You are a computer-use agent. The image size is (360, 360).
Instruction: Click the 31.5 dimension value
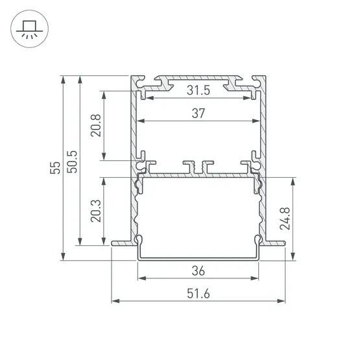[198, 90]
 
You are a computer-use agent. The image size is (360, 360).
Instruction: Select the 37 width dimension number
[198, 114]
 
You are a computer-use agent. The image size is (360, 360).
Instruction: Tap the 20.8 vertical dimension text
[96, 125]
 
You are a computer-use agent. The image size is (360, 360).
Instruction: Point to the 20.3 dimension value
[96, 211]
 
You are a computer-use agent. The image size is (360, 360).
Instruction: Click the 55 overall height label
[55, 168]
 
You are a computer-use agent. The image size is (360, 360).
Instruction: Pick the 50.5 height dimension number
[72, 162]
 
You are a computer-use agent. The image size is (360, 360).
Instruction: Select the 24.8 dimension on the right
[285, 219]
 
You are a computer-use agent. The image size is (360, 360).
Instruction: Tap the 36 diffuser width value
[198, 271]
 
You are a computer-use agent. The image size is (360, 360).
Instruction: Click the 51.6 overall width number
[198, 294]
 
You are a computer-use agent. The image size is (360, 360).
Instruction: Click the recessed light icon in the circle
[29, 29]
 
